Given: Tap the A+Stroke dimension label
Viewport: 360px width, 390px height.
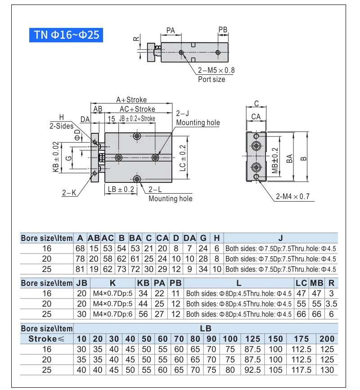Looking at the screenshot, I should (x=131, y=100).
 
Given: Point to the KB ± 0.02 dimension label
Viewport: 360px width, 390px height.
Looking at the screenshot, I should (x=56, y=157).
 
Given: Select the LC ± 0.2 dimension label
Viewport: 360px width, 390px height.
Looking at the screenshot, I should (x=183, y=157).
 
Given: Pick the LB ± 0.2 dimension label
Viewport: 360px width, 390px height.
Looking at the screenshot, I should (x=121, y=190).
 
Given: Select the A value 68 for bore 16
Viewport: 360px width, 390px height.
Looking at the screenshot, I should (x=80, y=248).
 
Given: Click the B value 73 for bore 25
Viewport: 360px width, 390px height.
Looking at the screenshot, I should (x=121, y=269).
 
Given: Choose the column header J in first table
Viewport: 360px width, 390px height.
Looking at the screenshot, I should (x=280, y=238).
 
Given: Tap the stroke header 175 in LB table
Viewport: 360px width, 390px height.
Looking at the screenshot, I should (x=301, y=339).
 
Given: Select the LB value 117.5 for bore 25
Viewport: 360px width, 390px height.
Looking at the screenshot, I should (x=301, y=370).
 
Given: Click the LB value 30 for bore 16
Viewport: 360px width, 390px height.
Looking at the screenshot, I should (x=81, y=349).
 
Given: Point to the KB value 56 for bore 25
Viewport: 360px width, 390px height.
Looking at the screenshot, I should (x=144, y=314).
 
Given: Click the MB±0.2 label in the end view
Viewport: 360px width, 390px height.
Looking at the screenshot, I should (x=275, y=160).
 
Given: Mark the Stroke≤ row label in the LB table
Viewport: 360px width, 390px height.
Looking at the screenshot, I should (x=47, y=339).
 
